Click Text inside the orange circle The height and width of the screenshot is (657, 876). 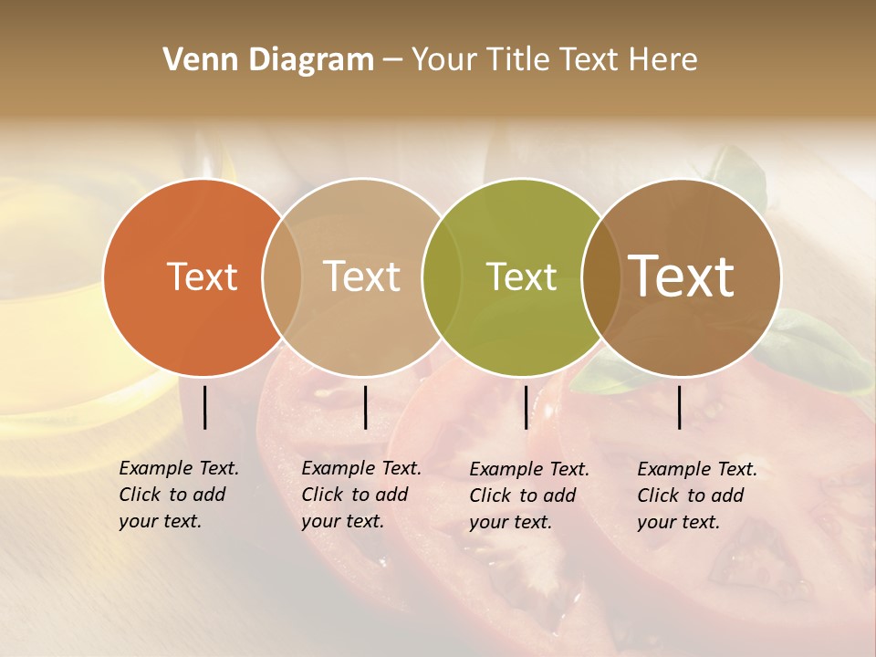[x=202, y=276]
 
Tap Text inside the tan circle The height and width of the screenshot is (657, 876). [x=362, y=276]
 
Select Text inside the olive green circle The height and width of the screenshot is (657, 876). [x=521, y=276]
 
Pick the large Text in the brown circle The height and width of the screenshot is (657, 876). [x=682, y=276]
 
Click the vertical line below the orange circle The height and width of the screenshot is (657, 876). [x=204, y=407]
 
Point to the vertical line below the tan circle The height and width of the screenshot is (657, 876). [x=365, y=407]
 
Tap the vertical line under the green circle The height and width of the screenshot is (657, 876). [x=526, y=407]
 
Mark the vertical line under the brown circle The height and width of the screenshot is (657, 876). [x=680, y=407]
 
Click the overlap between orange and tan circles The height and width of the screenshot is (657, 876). [x=282, y=276]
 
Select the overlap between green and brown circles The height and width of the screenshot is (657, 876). [x=600, y=276]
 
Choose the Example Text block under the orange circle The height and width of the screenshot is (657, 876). [x=179, y=495]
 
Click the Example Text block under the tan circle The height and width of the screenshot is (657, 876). [x=361, y=495]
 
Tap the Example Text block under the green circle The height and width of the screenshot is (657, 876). [x=529, y=495]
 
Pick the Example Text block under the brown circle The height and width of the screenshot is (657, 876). [x=697, y=495]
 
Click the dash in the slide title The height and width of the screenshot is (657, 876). [x=392, y=60]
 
